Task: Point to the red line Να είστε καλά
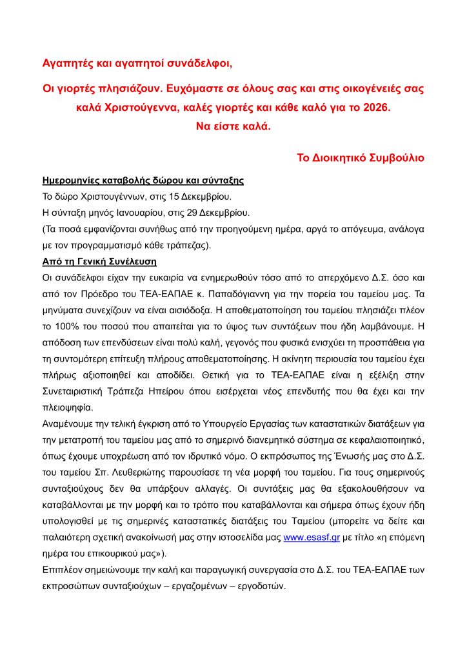pyautogui.click(x=234, y=126)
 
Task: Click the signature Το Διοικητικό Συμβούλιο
pyautogui.click(x=360, y=157)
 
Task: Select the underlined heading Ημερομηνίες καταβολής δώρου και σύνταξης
pyautogui.click(x=143, y=180)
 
